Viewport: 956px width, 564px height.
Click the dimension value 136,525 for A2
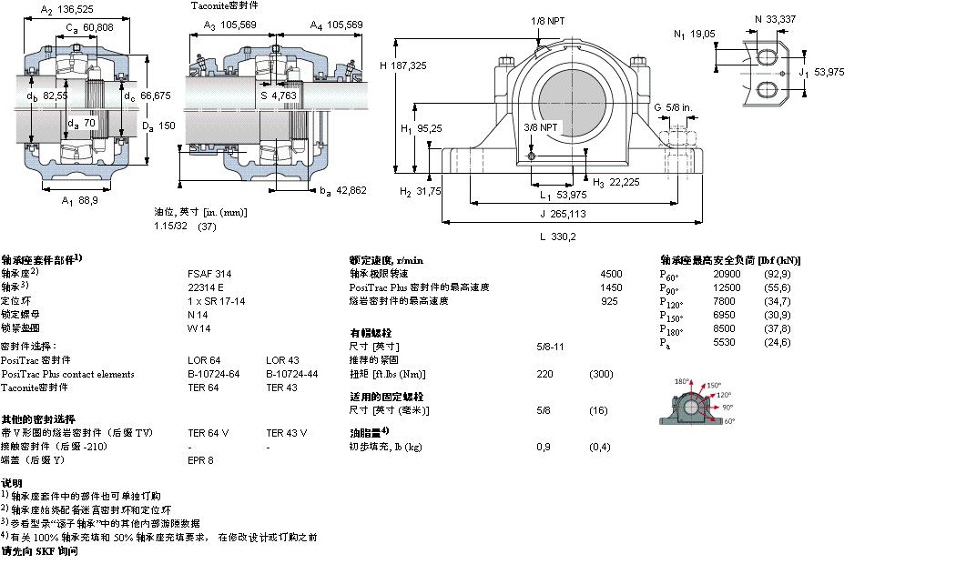tap(76, 11)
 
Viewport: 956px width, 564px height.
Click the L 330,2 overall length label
tap(558, 236)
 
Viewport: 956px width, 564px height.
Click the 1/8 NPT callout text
tap(546, 20)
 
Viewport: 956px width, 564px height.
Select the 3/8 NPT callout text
tap(541, 126)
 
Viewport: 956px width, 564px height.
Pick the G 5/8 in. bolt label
tap(674, 108)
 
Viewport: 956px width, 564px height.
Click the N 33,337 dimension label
tap(775, 17)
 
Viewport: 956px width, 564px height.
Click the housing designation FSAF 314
tap(209, 273)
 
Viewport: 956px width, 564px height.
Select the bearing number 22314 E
tap(206, 287)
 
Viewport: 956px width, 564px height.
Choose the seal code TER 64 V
tap(208, 433)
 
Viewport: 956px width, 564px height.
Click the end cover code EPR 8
tap(200, 460)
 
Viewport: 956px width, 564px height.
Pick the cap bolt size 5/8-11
tap(551, 347)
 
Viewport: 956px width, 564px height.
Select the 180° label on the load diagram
tap(682, 381)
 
